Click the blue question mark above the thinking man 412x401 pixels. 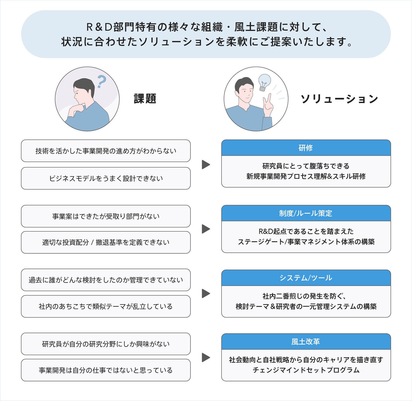coord(101,81)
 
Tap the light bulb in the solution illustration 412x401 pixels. coord(264,82)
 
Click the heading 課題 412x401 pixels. coord(145,99)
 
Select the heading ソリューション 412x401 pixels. coord(339,99)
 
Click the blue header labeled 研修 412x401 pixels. coord(306,148)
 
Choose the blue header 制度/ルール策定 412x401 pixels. coord(306,213)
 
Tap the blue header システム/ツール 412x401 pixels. coord(306,278)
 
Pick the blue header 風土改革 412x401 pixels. coord(306,342)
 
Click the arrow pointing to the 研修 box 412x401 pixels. coord(206,165)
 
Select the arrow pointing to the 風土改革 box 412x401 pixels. coord(206,357)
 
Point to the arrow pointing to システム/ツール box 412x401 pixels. coord(206,293)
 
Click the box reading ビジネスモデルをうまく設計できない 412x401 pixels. coord(106,178)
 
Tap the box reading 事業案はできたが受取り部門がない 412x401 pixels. coord(106,216)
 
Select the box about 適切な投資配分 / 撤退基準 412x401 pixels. coord(106,242)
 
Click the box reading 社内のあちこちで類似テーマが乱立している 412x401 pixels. coord(106,306)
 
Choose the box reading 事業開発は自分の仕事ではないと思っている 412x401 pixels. coord(106,370)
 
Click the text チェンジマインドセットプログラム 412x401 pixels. coord(306,370)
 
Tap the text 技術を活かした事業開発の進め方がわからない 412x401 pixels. coord(106,151)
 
